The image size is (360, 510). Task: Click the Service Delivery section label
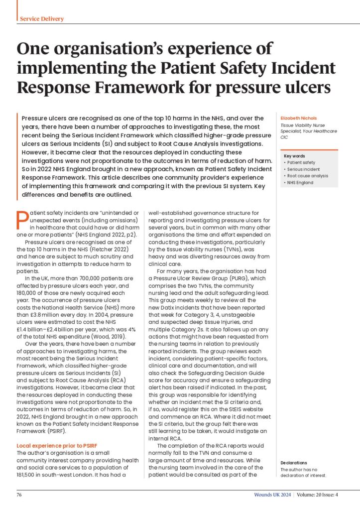tap(42, 19)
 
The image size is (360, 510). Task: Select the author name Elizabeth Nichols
tap(298, 118)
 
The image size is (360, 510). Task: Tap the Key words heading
tap(294, 156)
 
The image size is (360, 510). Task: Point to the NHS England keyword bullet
tap(300, 183)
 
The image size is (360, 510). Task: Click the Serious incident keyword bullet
tap(302, 169)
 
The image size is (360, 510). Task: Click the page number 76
tap(19, 496)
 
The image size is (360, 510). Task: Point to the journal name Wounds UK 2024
tap(269, 496)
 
